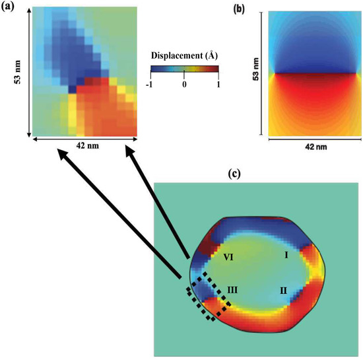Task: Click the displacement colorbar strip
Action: (x=184, y=68)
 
